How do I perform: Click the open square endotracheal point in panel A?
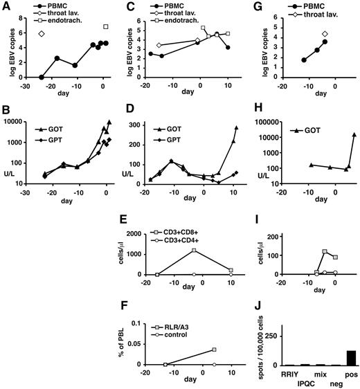106,27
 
